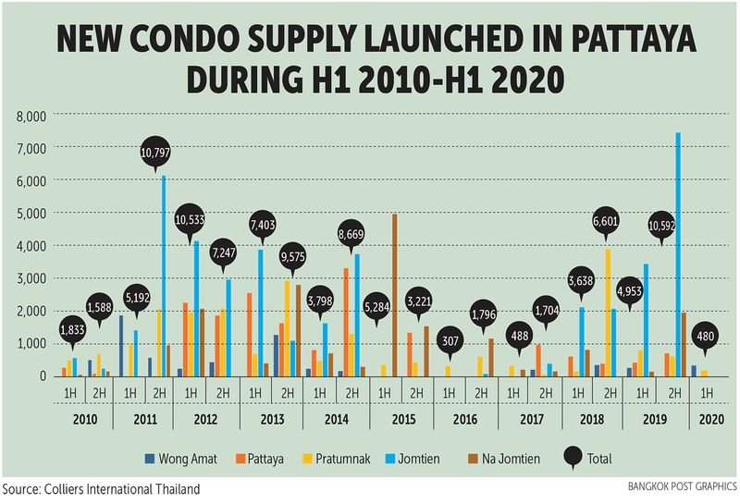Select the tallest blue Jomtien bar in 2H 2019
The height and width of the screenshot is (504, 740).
point(678,254)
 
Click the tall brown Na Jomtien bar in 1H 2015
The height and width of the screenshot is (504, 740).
point(394,294)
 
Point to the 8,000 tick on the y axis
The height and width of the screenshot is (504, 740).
point(31,116)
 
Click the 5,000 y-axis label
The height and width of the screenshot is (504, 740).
point(31,214)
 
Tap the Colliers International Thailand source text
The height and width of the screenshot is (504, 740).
point(100,488)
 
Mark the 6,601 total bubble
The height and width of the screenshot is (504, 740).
point(606,221)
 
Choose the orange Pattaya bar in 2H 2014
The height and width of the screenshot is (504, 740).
point(346,322)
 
